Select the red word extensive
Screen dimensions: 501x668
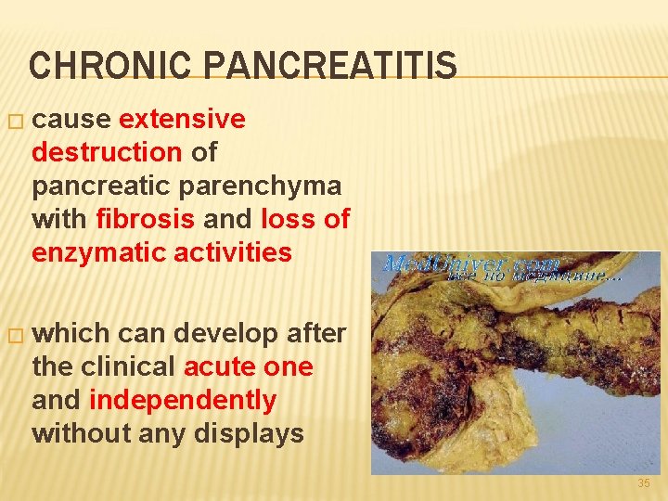coord(183,119)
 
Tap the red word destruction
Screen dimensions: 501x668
coord(107,152)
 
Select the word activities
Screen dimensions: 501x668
coord(235,252)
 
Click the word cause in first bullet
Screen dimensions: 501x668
coord(72,119)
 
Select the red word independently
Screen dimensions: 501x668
coord(183,400)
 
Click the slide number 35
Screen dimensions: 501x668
coord(644,484)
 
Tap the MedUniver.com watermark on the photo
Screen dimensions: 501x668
coord(471,264)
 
